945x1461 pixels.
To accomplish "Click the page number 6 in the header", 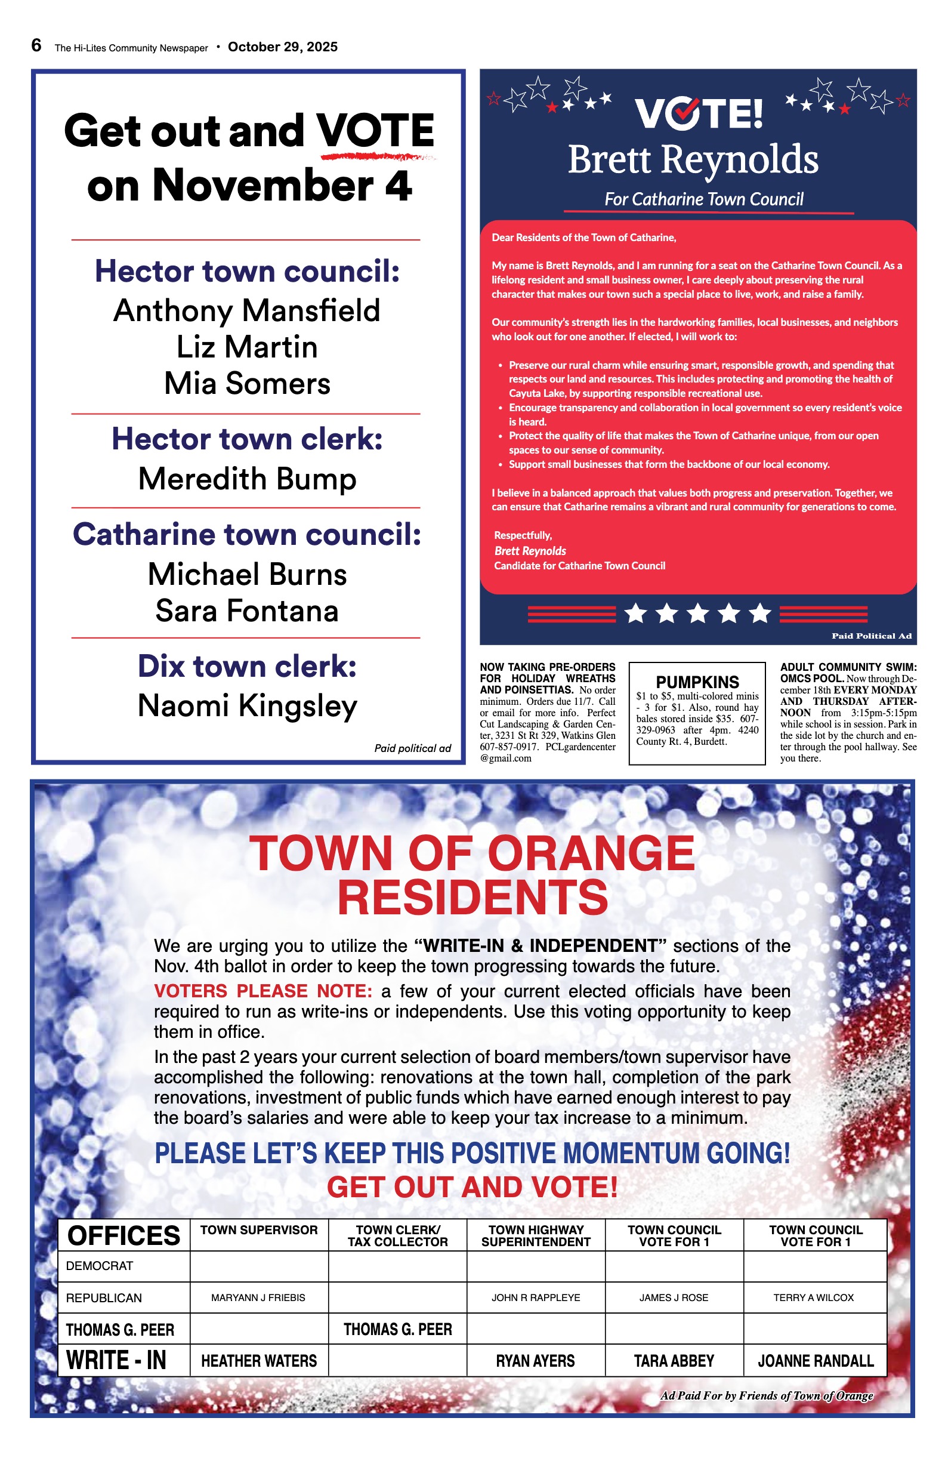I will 36,45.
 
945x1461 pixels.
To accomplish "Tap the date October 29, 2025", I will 282,47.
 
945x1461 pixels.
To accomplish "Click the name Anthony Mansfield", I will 246,310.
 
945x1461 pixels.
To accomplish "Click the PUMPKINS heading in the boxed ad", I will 697,682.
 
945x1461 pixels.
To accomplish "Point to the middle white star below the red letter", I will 697,614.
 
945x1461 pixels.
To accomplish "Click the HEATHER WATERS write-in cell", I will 259,1361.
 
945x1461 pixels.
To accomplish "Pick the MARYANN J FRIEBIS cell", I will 258,1297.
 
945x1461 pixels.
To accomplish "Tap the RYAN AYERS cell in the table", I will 535,1361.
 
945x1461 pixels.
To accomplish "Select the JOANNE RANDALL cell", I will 816,1361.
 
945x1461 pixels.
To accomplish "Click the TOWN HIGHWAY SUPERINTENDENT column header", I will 536,1236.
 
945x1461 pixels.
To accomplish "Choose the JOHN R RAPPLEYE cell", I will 536,1297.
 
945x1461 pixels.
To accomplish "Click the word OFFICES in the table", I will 124,1236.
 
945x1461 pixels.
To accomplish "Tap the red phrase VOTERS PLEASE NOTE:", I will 262,991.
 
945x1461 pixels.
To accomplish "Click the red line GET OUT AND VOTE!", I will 472,1187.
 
